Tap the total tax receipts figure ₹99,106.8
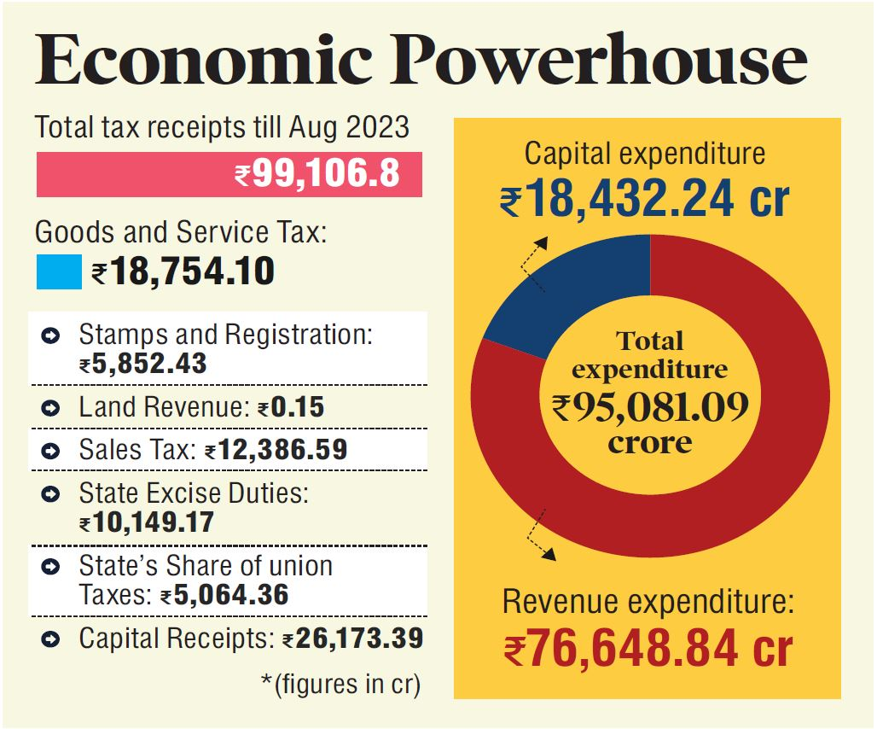coord(317,175)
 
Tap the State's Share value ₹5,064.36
coord(224,594)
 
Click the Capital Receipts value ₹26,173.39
coord(352,639)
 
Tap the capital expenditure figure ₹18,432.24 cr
coord(645,201)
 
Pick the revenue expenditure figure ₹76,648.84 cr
coord(648,650)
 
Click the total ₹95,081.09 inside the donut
coord(650,405)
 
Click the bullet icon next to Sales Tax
coord(50,450)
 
